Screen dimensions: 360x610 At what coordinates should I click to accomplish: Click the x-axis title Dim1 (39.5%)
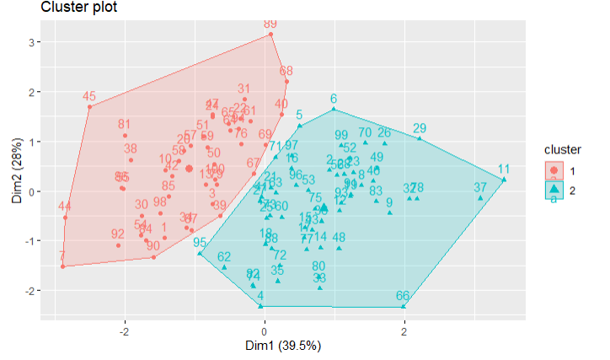click(265, 345)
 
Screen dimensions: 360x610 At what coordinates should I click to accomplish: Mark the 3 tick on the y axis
click(28, 42)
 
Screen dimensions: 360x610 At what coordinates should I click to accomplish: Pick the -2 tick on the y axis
click(25, 291)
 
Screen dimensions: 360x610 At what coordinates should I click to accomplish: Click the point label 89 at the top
click(270, 24)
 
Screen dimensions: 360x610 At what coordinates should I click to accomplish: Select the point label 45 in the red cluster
click(89, 96)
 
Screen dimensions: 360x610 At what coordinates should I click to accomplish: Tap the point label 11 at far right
click(504, 169)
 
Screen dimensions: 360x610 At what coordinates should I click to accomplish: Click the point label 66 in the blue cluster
click(403, 296)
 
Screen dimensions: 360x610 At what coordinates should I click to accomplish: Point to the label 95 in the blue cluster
click(200, 243)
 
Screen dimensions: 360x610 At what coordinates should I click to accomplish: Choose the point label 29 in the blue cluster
click(420, 128)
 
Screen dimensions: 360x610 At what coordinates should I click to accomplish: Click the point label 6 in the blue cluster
click(334, 99)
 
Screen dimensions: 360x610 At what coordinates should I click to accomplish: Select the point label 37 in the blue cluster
click(480, 187)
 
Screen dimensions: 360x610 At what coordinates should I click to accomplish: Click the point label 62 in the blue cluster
click(224, 257)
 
